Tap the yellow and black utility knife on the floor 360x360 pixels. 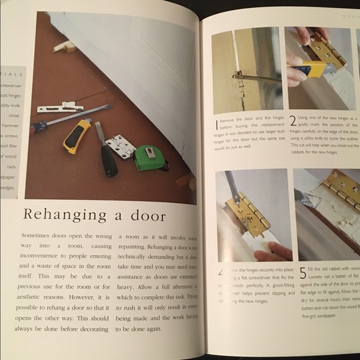click(x=76, y=135)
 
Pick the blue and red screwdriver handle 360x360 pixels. click(x=38, y=128)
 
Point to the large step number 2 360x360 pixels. click(x=293, y=121)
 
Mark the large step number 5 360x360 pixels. click(x=301, y=272)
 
